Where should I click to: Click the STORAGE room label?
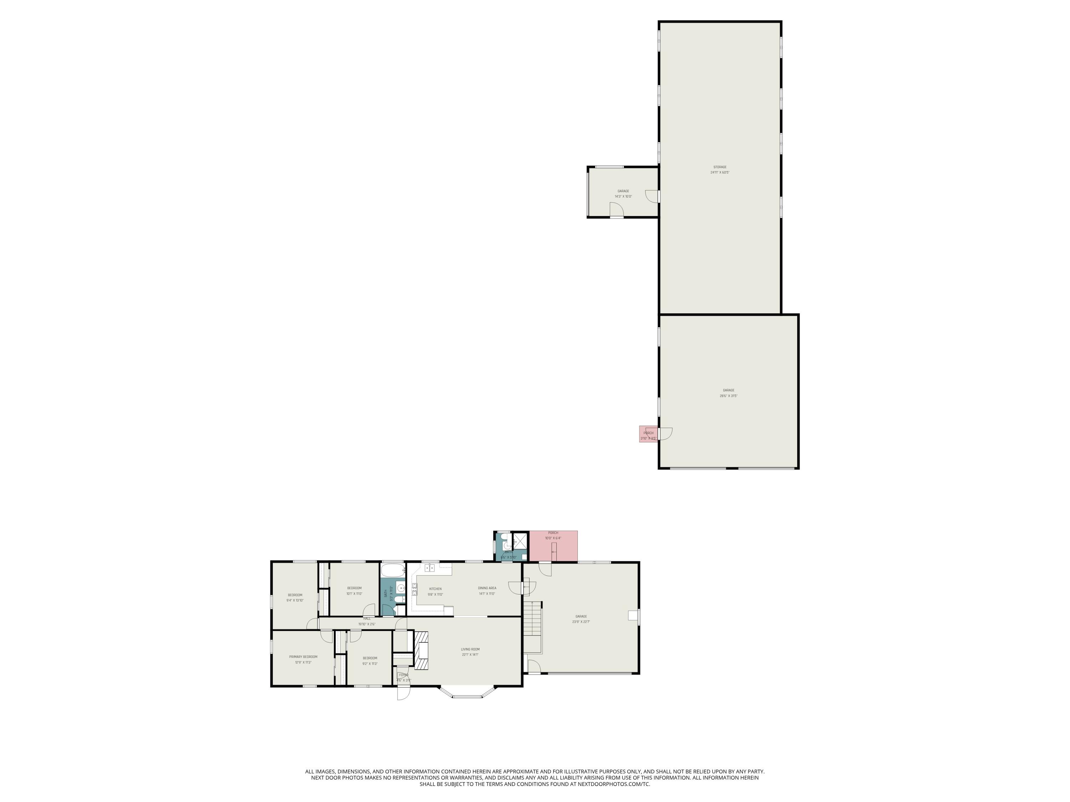(720, 167)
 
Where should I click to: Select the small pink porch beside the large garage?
(648, 434)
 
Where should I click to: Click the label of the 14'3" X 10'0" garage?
(623, 191)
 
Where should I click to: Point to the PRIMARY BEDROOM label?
(303, 657)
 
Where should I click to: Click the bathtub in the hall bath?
(392, 570)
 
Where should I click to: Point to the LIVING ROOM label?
(470, 649)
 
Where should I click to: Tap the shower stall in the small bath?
(520, 540)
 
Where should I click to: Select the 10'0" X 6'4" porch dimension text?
(553, 538)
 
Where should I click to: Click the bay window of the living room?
(467, 695)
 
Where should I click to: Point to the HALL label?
(367, 619)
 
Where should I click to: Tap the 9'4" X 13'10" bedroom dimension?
(295, 600)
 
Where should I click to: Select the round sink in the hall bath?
(401, 588)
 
